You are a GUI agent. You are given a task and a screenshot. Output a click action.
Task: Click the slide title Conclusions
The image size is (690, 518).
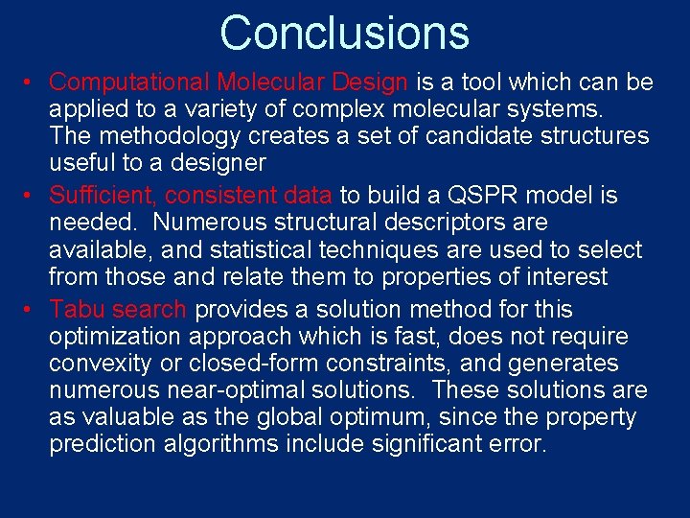(x=345, y=32)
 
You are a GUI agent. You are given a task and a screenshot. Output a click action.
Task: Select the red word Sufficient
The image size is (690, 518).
(x=103, y=196)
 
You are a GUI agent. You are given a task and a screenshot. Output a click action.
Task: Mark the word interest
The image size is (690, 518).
(x=563, y=277)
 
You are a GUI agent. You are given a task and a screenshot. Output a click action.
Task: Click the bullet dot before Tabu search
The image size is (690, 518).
(x=31, y=311)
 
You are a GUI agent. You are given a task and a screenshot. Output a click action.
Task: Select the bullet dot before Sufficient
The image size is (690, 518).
(x=31, y=197)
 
